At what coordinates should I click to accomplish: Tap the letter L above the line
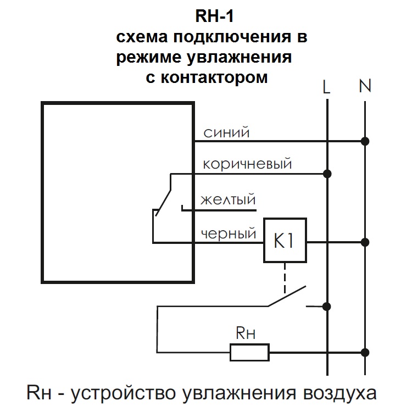pos(327,86)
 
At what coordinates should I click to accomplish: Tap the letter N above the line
pos(365,86)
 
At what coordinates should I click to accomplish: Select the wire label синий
pos(227,132)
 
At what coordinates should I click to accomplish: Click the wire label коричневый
pos(247,164)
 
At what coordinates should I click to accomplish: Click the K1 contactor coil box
pos(284,241)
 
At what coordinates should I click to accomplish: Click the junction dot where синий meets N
pos(365,141)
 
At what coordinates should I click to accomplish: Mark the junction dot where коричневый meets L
pos(327,174)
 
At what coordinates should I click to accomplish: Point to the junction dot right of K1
pos(365,242)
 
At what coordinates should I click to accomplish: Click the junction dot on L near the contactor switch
pos(327,306)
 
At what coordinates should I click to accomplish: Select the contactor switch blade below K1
pos(286,297)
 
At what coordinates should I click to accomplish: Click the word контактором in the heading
pos(215,77)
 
